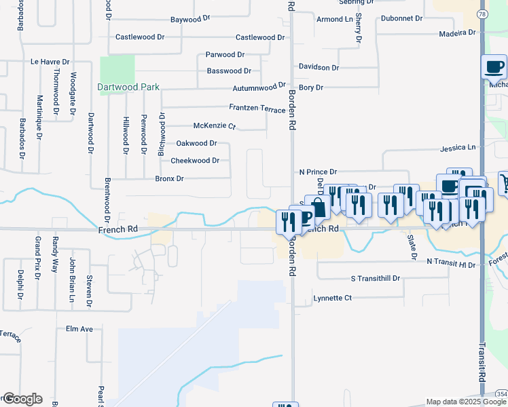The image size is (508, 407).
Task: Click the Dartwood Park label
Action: tap(128, 87)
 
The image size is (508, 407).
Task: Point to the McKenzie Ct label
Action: tap(214, 126)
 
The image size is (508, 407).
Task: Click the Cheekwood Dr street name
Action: tap(195, 161)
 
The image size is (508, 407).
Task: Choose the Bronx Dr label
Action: tap(169, 178)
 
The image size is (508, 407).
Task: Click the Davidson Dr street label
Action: tap(319, 67)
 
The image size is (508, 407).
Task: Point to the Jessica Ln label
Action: tap(458, 147)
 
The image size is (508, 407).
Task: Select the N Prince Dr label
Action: tap(317, 173)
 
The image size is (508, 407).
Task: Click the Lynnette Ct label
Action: tap(333, 298)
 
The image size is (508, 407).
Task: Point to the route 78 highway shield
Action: tap(482, 14)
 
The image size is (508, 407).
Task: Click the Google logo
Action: tap(22, 399)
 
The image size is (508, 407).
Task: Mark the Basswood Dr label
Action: tap(229, 71)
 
